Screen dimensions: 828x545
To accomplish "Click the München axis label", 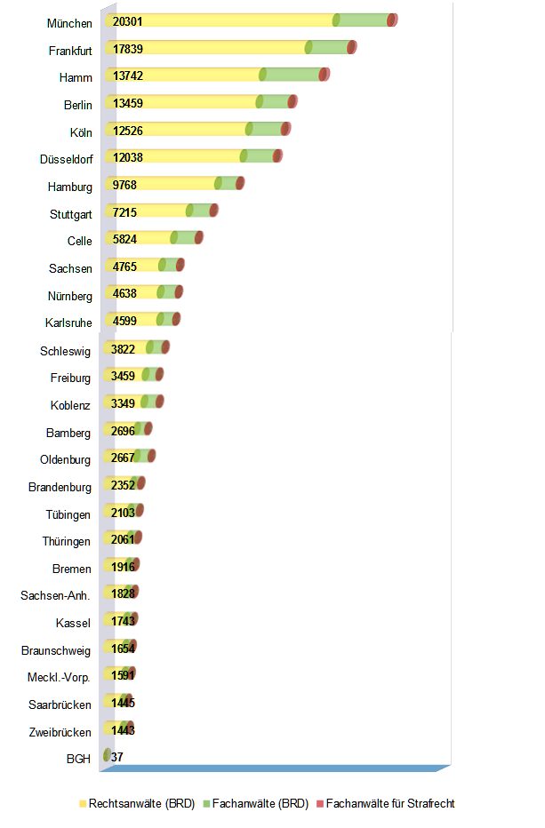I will pos(69,23).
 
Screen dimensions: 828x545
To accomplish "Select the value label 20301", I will pos(128,21).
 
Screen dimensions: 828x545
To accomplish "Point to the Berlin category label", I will pos(77,105).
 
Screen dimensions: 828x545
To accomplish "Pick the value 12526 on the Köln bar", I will pos(128,131).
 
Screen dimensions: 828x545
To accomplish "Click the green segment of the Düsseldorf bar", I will pos(260,156).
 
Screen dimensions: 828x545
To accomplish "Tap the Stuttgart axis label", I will pos(71,214).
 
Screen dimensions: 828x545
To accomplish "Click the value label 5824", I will pos(124,239).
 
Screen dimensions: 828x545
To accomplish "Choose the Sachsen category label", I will pos(70,268).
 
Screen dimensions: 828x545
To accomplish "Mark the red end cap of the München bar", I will pos(392,20).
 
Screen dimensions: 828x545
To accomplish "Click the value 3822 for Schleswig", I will pos(124,348).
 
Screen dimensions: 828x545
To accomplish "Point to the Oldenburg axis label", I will pos(65,460).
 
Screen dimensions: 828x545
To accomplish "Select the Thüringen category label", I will pos(66,541).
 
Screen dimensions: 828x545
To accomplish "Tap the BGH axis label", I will pos(78,760).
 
